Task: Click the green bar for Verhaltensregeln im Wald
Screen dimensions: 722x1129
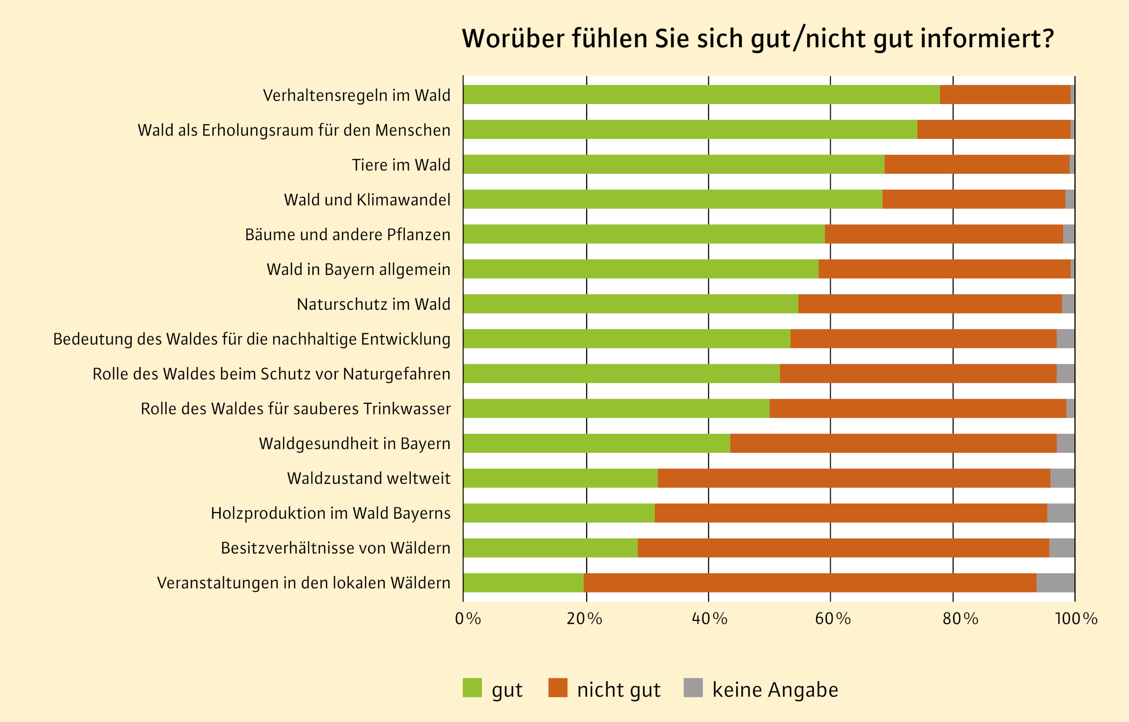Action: pyautogui.click(x=701, y=95)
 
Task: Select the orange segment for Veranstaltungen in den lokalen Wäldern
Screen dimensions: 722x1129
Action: pyautogui.click(x=810, y=583)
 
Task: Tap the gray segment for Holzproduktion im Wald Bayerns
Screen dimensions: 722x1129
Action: pyautogui.click(x=1061, y=513)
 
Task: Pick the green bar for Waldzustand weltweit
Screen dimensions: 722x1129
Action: pyautogui.click(x=560, y=478)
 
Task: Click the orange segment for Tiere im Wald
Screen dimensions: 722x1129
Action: pyautogui.click(x=977, y=164)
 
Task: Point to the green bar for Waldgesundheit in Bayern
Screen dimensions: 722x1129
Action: pyautogui.click(x=596, y=443)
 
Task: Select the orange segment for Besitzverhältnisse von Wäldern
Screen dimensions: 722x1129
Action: pyautogui.click(x=843, y=548)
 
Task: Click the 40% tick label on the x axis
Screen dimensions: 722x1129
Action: pyautogui.click(x=709, y=619)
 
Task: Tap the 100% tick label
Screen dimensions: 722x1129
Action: pyautogui.click(x=1076, y=619)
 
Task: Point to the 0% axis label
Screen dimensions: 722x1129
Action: pyautogui.click(x=468, y=619)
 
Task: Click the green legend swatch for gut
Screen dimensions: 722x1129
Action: pyautogui.click(x=472, y=688)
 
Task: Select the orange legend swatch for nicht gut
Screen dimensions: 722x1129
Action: pyautogui.click(x=558, y=688)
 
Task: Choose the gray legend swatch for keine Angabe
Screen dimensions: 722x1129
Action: pyautogui.click(x=693, y=688)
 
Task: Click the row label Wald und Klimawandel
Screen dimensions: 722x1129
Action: pyautogui.click(x=367, y=200)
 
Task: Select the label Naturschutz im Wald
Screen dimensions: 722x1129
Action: pyautogui.click(x=374, y=304)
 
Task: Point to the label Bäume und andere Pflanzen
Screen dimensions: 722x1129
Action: pyautogui.click(x=348, y=234)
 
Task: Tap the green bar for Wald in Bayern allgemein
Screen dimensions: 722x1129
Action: pyautogui.click(x=641, y=269)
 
